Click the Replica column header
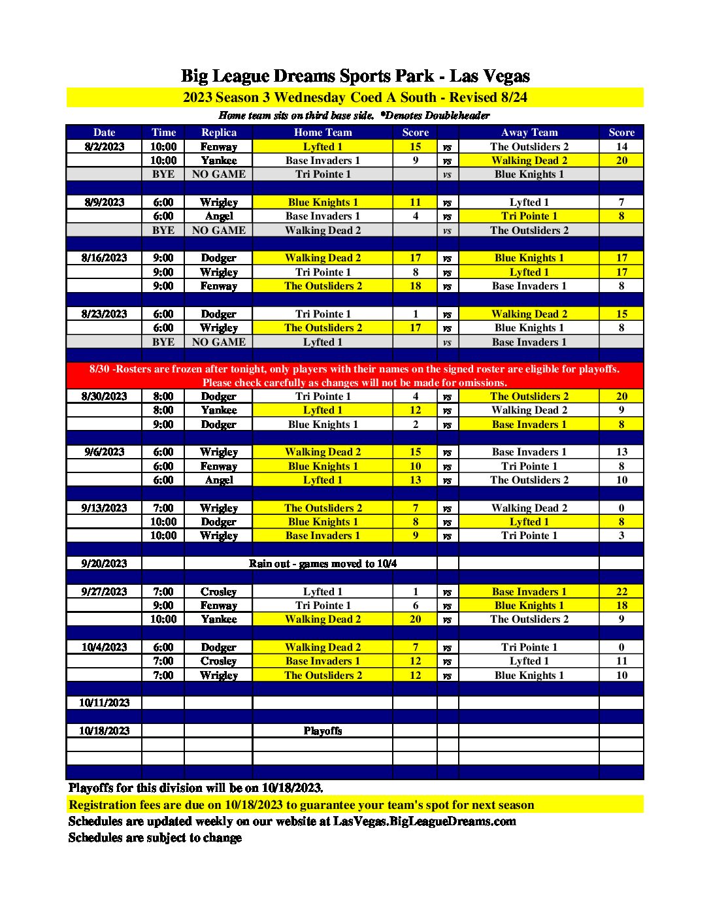coord(218,132)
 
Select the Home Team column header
coord(322,132)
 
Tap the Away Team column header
coord(529,132)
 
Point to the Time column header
coord(163,132)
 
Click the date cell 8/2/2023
coord(104,146)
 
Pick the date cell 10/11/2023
coord(104,703)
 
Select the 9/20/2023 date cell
coord(104,563)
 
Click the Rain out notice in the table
coord(322,563)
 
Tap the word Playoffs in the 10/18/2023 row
coord(322,731)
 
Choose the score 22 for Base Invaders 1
coord(621,591)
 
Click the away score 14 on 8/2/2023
coord(621,146)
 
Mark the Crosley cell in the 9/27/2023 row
coord(218,591)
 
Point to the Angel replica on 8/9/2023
coord(218,216)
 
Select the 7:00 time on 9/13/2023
coord(163,508)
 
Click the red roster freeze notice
coord(355,376)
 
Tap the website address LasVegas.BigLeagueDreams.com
coord(424,821)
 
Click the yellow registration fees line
coord(301,805)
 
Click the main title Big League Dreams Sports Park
coord(355,76)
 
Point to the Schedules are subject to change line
coord(155,838)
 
